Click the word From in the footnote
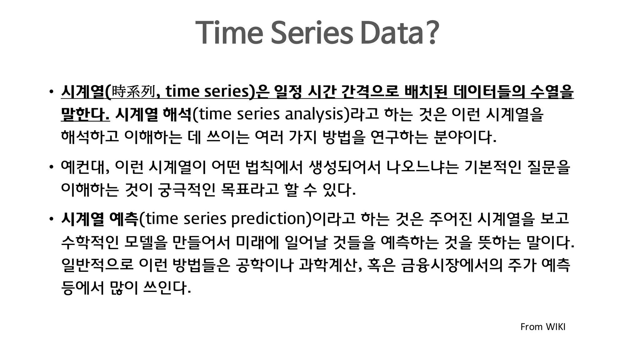point(531,327)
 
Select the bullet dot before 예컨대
point(51,167)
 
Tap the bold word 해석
point(177,114)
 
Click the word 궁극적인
point(187,190)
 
